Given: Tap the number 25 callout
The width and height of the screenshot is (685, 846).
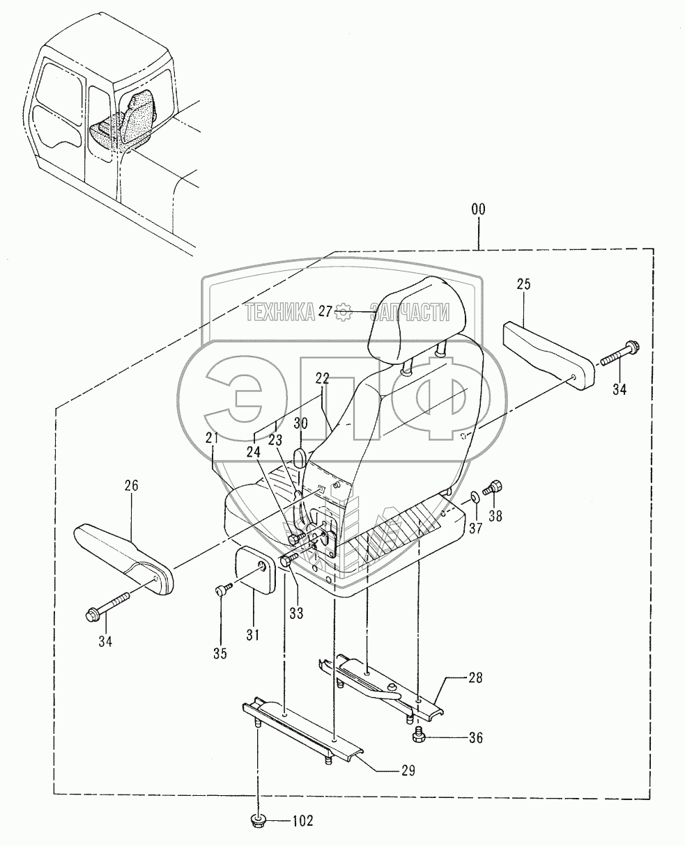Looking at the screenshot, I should [523, 284].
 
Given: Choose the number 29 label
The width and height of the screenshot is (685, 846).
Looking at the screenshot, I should [408, 770].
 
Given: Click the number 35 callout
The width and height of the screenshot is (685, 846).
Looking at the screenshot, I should [220, 653].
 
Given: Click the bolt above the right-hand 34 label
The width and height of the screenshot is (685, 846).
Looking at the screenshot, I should [620, 354].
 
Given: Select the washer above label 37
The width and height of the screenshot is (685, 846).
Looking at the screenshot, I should [475, 497].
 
